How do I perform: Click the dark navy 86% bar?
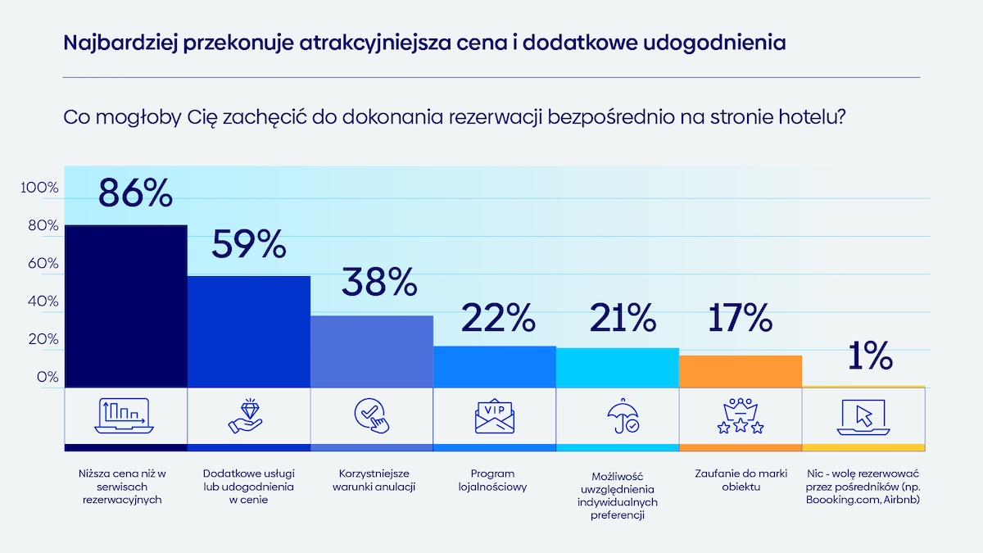point(125,306)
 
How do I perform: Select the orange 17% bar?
point(740,370)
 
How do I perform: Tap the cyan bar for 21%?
point(617,367)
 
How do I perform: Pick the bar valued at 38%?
point(371,351)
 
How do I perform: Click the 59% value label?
point(249,244)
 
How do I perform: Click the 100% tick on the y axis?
point(40,188)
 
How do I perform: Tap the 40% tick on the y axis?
point(43,301)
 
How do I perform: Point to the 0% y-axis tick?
point(48,377)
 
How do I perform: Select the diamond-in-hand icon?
point(247,415)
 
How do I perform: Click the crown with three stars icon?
point(740,416)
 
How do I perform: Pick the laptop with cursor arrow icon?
point(863,416)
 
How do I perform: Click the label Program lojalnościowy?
point(493,480)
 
